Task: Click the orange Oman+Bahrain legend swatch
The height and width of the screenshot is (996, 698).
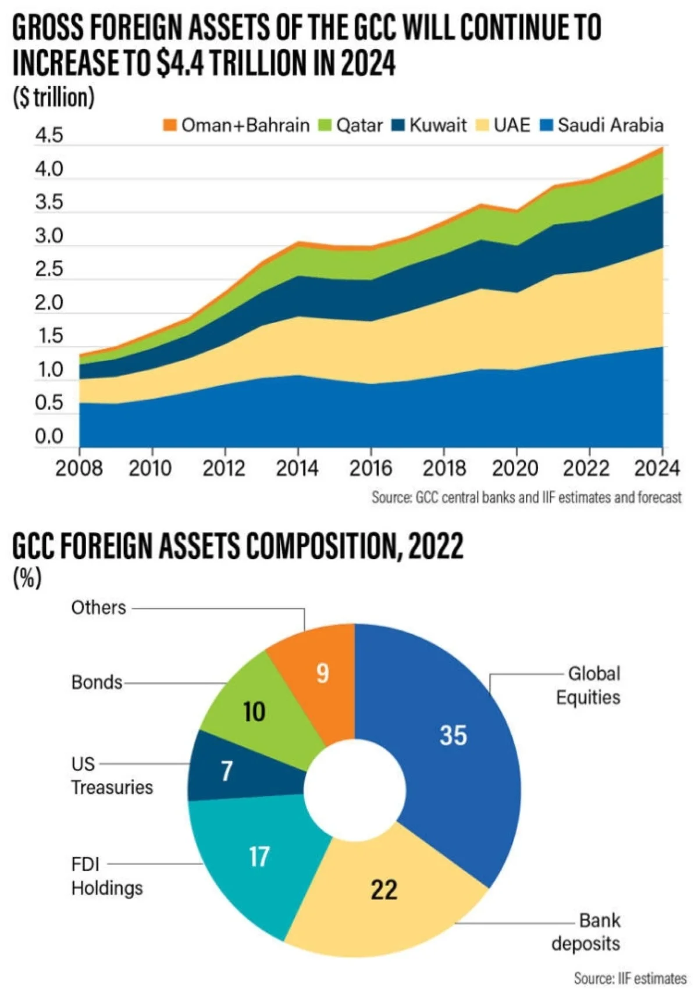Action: pyautogui.click(x=169, y=125)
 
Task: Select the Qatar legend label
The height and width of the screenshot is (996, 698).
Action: pyautogui.click(x=359, y=125)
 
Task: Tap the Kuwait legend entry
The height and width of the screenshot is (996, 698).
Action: pyautogui.click(x=437, y=125)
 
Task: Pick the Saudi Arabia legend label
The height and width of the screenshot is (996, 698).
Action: pyautogui.click(x=610, y=125)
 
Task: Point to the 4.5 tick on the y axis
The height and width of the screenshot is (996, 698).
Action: pyautogui.click(x=49, y=136)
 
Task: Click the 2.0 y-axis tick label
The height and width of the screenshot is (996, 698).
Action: pyautogui.click(x=49, y=303)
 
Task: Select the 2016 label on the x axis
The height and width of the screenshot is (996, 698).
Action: pyautogui.click(x=371, y=468)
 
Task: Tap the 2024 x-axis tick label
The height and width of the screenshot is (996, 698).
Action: pyautogui.click(x=657, y=468)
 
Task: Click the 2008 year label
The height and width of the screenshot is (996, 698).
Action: pyautogui.click(x=79, y=468)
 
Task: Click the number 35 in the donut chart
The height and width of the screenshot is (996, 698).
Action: pyautogui.click(x=453, y=735)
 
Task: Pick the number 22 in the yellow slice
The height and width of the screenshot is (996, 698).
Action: pyautogui.click(x=384, y=889)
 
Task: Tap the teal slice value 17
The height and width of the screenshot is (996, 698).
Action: pyautogui.click(x=259, y=856)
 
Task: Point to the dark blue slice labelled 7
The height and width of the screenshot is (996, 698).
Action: pyautogui.click(x=227, y=771)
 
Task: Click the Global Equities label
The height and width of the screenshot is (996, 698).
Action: pyautogui.click(x=588, y=685)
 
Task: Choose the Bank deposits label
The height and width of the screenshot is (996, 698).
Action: pyautogui.click(x=586, y=932)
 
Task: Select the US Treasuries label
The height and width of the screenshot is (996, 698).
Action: pyautogui.click(x=112, y=775)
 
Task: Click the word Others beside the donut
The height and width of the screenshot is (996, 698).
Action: pyautogui.click(x=98, y=608)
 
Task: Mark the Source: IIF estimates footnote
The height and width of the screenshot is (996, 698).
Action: pyautogui.click(x=630, y=979)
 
